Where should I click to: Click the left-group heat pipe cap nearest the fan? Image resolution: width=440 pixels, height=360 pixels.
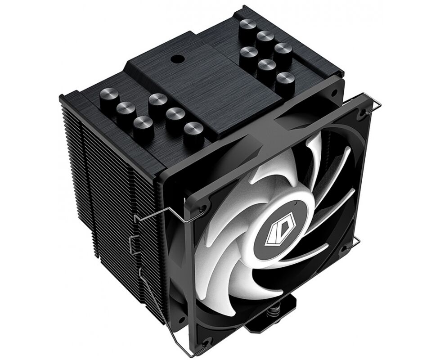(x=193, y=131)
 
